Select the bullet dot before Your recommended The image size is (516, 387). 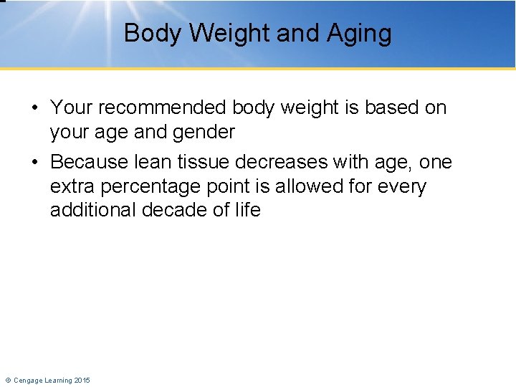34,109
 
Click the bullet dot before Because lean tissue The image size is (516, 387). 34,163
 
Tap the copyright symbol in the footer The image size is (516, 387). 8,380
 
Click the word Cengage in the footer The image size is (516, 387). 28,380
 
